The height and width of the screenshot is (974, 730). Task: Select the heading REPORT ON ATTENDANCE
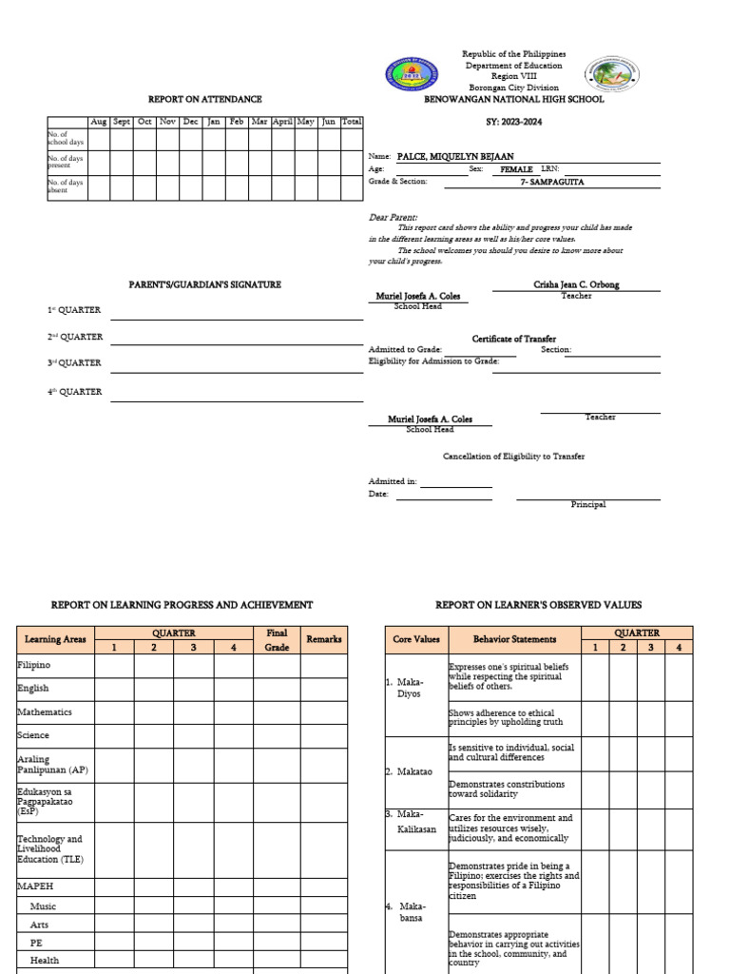(204, 99)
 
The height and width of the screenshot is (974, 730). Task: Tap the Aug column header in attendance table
(98, 122)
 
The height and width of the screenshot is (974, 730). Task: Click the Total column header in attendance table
(352, 122)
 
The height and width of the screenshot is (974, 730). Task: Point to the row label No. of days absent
(66, 186)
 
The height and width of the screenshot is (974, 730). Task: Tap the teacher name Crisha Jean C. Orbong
(576, 285)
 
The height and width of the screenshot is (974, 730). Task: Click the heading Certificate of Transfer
(513, 339)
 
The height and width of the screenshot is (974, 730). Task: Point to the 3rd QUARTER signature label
(75, 363)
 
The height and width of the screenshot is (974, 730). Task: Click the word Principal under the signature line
(587, 505)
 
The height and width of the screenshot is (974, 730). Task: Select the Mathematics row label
(44, 711)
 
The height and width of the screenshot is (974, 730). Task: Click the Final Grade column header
(277, 640)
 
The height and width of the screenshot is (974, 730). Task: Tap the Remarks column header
(323, 640)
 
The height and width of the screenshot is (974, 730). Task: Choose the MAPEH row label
(35, 885)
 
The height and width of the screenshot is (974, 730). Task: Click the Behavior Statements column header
(514, 640)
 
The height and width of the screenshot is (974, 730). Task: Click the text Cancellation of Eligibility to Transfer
(513, 457)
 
